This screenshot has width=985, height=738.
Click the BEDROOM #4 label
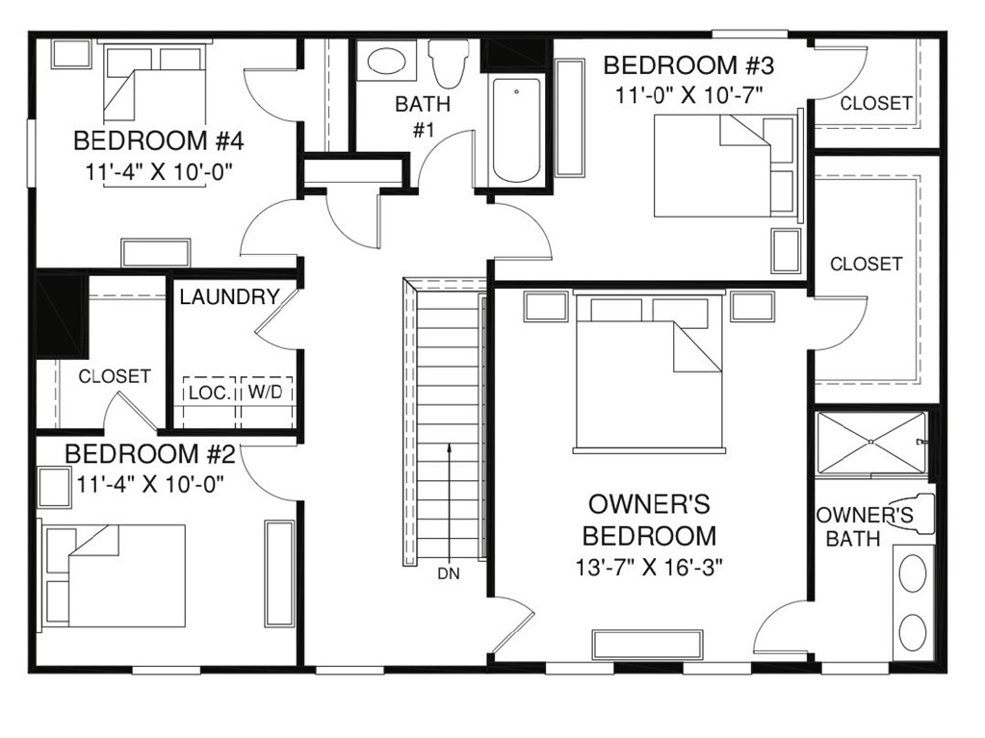click(159, 141)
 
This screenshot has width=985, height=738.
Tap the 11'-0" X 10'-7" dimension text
click(682, 95)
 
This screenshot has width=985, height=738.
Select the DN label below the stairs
click(449, 574)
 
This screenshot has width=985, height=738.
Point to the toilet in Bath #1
click(446, 63)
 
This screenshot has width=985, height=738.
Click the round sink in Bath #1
click(387, 62)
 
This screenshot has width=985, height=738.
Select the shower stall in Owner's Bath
click(870, 443)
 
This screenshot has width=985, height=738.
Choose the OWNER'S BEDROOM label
click(649, 520)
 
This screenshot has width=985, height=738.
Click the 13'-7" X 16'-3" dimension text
click(649, 566)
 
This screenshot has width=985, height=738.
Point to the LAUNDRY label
click(229, 297)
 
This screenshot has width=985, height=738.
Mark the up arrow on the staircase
click(449, 500)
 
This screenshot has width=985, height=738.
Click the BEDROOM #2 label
click(149, 453)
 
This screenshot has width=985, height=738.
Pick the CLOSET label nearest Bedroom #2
click(114, 376)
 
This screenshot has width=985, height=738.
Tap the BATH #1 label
click(422, 116)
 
